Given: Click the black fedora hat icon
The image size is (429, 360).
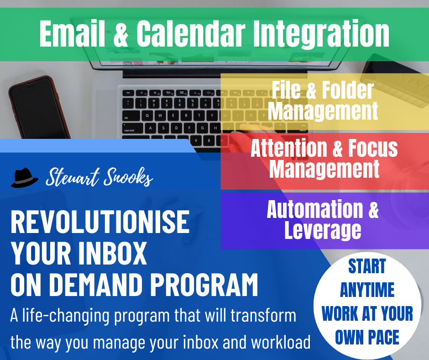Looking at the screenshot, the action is point(24,178).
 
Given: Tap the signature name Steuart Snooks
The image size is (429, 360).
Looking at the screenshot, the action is point(99,177).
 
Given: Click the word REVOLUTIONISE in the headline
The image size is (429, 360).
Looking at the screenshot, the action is point(100,222).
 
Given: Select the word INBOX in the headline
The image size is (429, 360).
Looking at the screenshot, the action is point(113,253).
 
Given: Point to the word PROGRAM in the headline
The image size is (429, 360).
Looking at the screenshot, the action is point(204,285).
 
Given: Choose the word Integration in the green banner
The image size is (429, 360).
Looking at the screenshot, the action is point(321,34).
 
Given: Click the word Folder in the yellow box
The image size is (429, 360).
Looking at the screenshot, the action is point(348,90).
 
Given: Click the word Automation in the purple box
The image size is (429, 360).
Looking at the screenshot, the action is point(314,209).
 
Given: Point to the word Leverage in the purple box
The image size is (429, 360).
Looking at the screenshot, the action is point(323,231).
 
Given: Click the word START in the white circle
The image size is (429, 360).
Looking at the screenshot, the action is point(367,266).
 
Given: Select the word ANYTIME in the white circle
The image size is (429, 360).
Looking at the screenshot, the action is point(367,290).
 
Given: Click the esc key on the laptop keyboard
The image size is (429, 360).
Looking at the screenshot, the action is point(128,93).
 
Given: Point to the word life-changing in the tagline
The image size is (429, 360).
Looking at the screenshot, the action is point(66,316).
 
